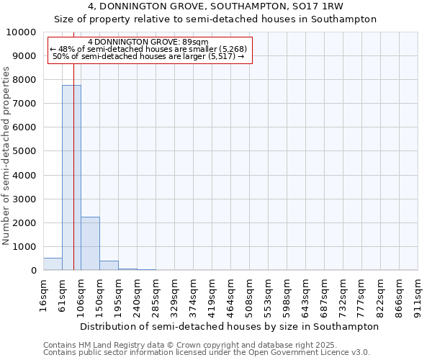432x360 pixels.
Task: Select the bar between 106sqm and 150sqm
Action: click(90, 243)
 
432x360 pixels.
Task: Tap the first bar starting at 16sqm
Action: click(53, 264)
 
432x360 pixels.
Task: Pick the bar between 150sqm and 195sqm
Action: click(109, 266)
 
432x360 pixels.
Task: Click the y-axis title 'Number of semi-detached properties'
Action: click(6, 156)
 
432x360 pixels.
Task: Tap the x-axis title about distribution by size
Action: click(229, 326)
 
